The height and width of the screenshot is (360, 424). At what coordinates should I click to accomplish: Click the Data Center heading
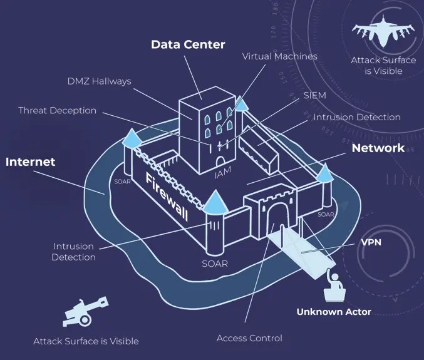(188, 44)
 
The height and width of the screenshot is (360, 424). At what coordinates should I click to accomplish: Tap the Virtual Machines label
(279, 56)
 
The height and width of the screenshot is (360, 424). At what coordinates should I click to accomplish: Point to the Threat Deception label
(57, 110)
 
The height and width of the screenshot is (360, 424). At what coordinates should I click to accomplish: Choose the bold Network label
(378, 148)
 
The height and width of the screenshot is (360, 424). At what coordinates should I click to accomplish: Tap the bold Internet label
(31, 162)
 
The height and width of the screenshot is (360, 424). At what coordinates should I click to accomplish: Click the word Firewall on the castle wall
(166, 195)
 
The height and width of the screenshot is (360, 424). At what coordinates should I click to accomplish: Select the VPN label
(372, 242)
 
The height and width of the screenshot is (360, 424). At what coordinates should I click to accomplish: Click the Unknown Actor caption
(334, 312)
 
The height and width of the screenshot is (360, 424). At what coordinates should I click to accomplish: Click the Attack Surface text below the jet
(383, 66)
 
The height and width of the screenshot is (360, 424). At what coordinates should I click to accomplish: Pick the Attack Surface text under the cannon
(86, 341)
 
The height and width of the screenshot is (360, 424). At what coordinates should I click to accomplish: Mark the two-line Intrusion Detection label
(74, 252)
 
